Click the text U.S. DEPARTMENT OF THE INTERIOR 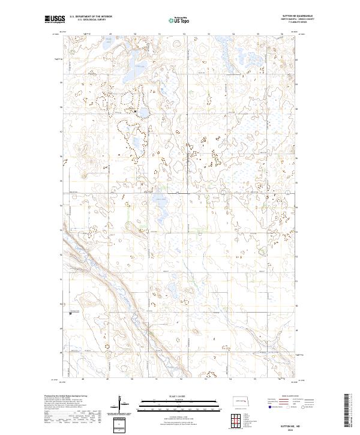[91, 17]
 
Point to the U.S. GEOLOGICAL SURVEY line [91, 20]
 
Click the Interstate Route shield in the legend [269, 406]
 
